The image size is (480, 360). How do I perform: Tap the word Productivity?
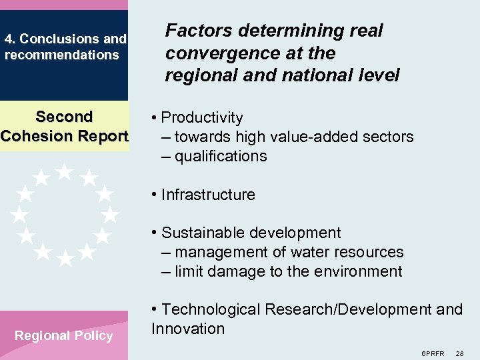click(x=202, y=118)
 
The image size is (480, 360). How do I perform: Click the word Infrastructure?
click(x=208, y=195)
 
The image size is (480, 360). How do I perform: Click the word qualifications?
click(x=221, y=157)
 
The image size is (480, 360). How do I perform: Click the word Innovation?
click(x=188, y=329)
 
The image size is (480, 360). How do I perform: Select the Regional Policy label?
click(x=64, y=336)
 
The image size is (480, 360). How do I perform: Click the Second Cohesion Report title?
click(x=64, y=127)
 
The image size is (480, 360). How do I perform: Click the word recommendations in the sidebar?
click(x=61, y=55)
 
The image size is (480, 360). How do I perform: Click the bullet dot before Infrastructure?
click(x=154, y=195)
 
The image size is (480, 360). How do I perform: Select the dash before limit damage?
click(x=166, y=272)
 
